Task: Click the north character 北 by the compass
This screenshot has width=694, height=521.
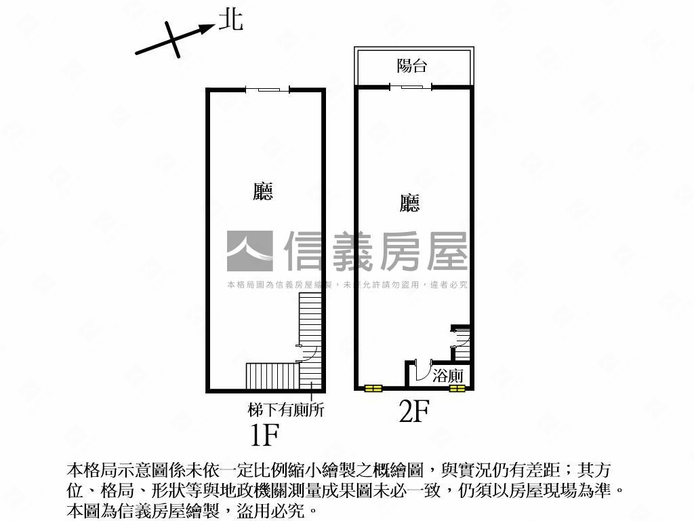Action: (231, 20)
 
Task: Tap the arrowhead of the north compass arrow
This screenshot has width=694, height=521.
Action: (207, 28)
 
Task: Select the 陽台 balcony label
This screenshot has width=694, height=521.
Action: (411, 66)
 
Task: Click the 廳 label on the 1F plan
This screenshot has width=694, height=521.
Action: (263, 191)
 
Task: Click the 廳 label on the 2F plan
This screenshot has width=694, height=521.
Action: (409, 203)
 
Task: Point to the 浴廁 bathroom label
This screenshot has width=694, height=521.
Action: (448, 376)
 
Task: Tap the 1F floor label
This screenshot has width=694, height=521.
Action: (265, 434)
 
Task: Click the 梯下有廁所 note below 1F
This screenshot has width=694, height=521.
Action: (286, 410)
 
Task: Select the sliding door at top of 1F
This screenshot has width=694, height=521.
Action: (268, 90)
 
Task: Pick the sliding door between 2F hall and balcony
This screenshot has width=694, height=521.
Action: (411, 87)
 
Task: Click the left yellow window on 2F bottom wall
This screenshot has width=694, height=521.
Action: (373, 389)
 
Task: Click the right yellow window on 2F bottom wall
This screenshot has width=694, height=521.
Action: (457, 389)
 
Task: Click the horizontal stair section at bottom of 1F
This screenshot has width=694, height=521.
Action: (272, 376)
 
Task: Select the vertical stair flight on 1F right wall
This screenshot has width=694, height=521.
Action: (311, 341)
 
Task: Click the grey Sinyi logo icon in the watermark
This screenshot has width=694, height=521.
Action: (250, 251)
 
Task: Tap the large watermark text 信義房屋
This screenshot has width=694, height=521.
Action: (375, 251)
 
